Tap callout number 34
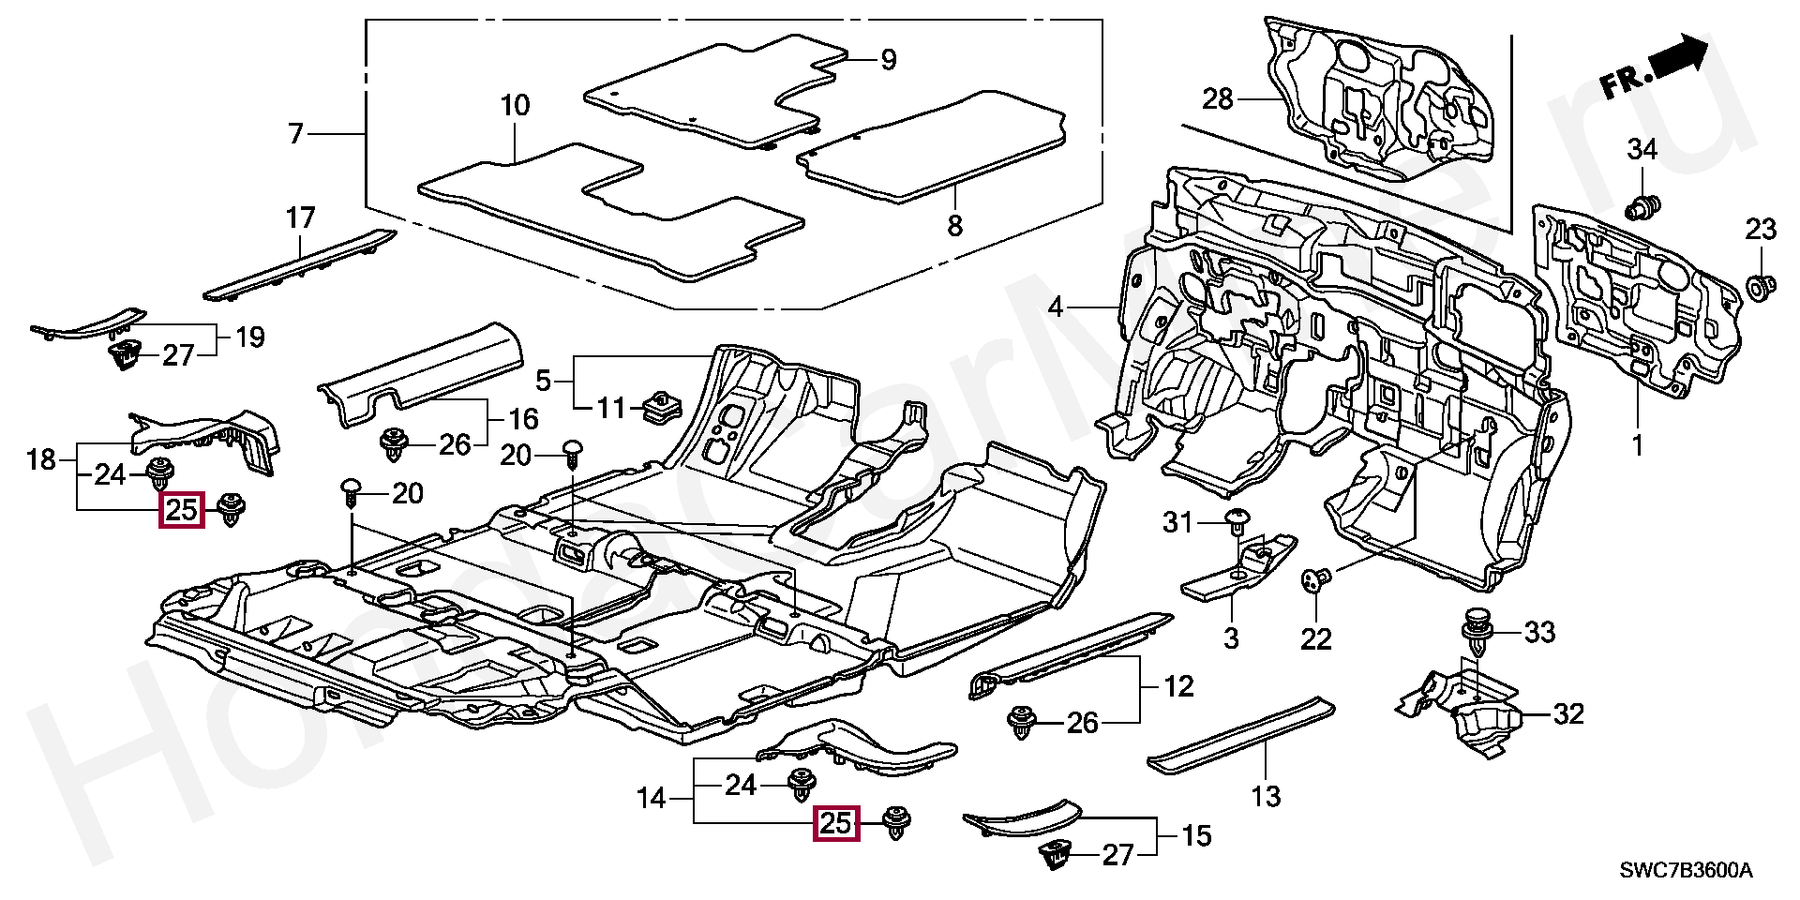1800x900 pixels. (x=1642, y=148)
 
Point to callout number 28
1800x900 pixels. (x=1218, y=98)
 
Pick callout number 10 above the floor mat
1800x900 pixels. (x=515, y=105)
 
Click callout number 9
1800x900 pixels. (x=888, y=60)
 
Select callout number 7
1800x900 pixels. (x=296, y=135)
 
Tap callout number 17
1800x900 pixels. (x=300, y=219)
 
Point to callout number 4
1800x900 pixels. (x=1056, y=307)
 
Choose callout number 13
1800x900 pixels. (x=1266, y=797)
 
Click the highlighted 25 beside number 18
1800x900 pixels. (x=182, y=511)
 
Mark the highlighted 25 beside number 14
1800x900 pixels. (x=836, y=824)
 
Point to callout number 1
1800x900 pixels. (x=1637, y=445)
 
